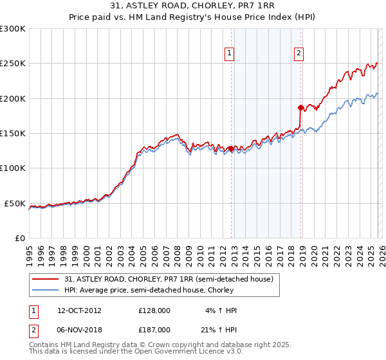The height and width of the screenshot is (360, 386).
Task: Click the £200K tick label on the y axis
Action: coord(13,98)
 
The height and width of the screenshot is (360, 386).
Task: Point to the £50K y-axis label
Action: coord(15,203)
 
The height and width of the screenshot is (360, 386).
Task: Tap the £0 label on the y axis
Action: coord(20,238)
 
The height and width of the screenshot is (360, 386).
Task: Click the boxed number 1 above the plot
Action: coord(230,54)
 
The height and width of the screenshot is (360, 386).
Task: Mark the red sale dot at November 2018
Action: coord(300,107)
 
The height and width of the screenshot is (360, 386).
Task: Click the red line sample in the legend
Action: coord(46,279)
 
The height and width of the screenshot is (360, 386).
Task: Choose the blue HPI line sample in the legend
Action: coord(46,290)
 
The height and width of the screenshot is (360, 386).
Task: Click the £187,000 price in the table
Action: coord(154,329)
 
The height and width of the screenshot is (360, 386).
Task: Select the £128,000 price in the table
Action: coord(154,310)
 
